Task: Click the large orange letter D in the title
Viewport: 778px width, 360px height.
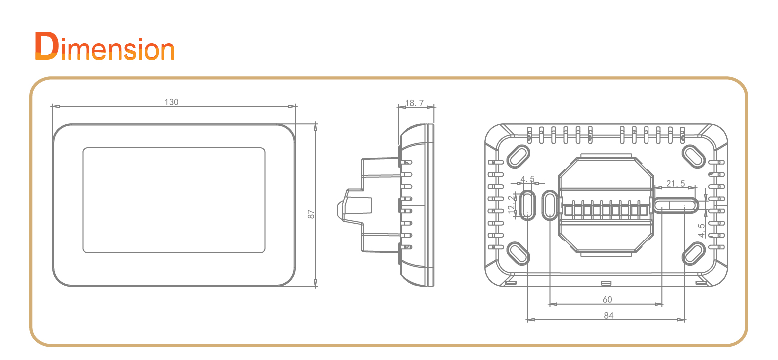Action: (46, 46)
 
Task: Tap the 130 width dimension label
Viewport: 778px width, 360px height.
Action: (171, 102)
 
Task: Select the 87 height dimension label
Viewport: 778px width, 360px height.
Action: (311, 214)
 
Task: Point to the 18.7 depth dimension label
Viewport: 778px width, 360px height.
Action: (415, 103)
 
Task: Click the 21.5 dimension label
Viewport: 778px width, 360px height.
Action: (675, 183)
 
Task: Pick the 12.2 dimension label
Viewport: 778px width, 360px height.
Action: (511, 205)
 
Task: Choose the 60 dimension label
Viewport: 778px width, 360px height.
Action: (607, 299)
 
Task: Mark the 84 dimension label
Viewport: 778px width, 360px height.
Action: (609, 315)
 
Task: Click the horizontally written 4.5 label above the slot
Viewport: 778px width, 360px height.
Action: (527, 179)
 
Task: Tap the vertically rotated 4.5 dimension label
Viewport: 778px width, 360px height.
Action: (702, 230)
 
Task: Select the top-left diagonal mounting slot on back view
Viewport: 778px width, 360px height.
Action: (518, 156)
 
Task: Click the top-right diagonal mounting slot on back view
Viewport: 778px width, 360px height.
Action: (694, 156)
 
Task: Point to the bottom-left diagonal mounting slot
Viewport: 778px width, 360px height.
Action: (518, 253)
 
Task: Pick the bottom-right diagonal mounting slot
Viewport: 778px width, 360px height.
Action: (694, 253)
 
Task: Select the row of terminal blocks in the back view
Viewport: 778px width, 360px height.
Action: (606, 210)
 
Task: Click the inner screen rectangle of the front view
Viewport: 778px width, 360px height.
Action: (174, 200)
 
